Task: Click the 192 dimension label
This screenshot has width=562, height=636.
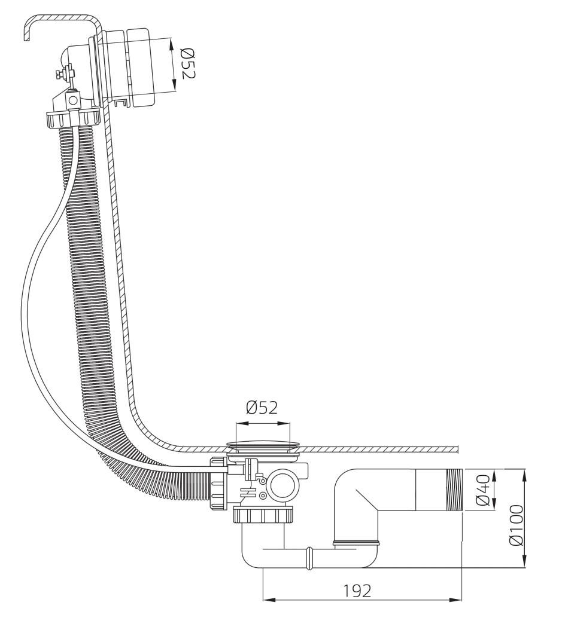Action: (x=357, y=591)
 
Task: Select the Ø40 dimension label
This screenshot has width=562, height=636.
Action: (x=483, y=490)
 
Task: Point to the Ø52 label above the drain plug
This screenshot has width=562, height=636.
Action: (x=262, y=407)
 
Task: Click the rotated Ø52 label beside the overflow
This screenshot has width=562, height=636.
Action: (x=187, y=63)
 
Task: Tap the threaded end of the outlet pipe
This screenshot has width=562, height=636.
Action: (x=454, y=490)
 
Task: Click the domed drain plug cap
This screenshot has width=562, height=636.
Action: (x=263, y=445)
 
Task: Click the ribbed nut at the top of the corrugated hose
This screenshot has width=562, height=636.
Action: (x=73, y=119)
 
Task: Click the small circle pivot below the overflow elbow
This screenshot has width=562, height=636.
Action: (x=74, y=99)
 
